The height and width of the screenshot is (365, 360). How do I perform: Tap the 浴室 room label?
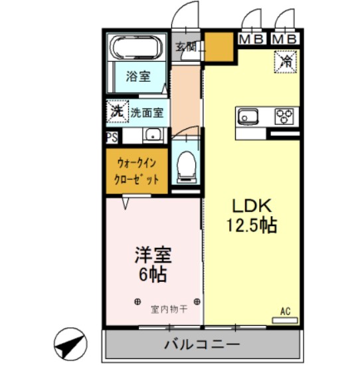click(137, 76)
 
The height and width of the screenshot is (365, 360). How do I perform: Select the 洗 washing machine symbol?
click(116, 112)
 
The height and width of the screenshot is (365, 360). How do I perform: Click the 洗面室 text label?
click(146, 112)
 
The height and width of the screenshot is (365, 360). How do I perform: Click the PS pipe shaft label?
click(111, 137)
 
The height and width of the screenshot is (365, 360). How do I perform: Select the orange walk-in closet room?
click(137, 171)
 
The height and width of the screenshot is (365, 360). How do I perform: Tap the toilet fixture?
click(187, 164)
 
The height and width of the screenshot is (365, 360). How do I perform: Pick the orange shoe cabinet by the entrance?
click(219, 48)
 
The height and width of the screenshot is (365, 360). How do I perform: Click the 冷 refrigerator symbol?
click(286, 62)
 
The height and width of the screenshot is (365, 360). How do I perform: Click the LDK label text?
click(248, 204)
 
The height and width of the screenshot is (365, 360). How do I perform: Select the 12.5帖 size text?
click(249, 225)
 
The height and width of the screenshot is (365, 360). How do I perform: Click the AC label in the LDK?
click(286, 311)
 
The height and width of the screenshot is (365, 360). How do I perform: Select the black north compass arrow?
click(70, 344)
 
